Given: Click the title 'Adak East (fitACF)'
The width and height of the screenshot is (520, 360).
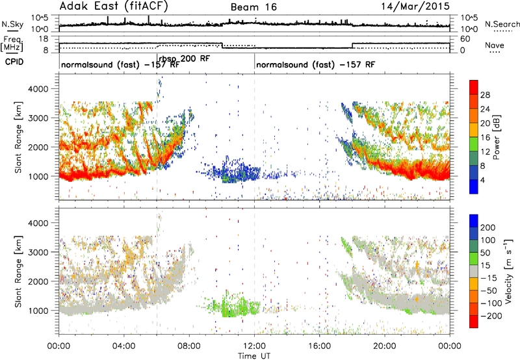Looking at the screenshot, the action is pos(113,6).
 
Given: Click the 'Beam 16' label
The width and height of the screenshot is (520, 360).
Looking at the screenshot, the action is pos(253,7).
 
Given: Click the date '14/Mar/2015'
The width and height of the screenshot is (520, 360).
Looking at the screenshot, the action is pos(415,6).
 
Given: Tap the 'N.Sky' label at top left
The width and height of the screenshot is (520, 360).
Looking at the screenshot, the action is pos(12,24).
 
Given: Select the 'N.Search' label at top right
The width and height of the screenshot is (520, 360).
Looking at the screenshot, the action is pos(502,24).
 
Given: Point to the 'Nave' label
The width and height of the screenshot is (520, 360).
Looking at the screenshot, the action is pos(495,45).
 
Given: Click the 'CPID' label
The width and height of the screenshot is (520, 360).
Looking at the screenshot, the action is pos(14,62).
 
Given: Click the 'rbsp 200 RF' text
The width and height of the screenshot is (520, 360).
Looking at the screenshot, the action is pos(185,58).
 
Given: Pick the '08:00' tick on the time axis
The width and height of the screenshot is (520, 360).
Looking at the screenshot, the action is pos(189,346).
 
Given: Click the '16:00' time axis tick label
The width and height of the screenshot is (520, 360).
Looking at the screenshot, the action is pos(319,346).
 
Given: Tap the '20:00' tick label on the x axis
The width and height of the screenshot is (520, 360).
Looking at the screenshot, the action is pos(385,346).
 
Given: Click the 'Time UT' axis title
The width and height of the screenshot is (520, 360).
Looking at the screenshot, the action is pos(254,355).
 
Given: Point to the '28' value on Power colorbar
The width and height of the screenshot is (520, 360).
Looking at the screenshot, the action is pos(485,95).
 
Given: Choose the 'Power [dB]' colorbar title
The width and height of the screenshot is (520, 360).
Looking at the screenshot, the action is pos(497,137).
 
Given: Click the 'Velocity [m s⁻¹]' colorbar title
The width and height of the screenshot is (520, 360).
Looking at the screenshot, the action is pos(508,271).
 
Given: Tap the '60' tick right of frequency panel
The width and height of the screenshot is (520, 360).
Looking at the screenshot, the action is pos(465,39).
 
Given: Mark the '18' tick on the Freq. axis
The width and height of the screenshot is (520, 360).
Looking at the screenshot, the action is pos(44,39).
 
